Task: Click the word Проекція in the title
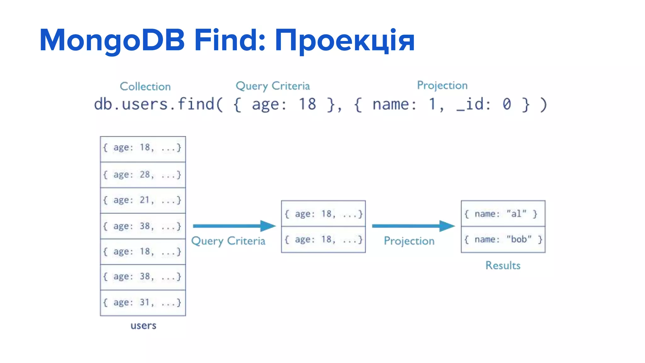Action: click(345, 40)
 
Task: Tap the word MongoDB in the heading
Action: click(112, 40)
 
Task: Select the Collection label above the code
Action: click(145, 86)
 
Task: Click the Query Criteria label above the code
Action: click(273, 86)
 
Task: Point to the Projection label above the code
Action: click(442, 85)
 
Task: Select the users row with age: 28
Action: click(143, 175)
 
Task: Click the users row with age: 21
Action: click(143, 200)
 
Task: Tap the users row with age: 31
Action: click(143, 302)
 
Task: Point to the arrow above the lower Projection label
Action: click(413, 226)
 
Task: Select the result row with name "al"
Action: click(503, 214)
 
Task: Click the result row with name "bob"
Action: click(503, 239)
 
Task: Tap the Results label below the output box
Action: click(503, 265)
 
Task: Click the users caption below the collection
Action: click(143, 326)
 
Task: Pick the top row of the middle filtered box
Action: click(323, 214)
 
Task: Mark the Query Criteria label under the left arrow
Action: click(228, 241)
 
